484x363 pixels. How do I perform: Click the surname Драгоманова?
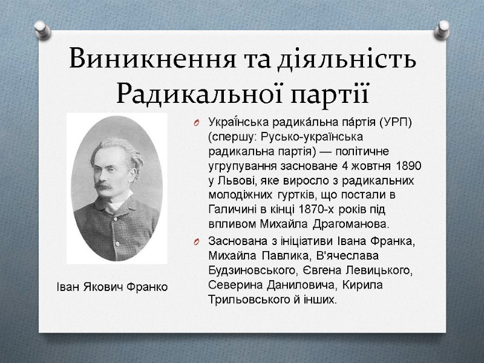point(350,224)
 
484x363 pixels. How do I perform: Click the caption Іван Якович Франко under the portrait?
point(109,286)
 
